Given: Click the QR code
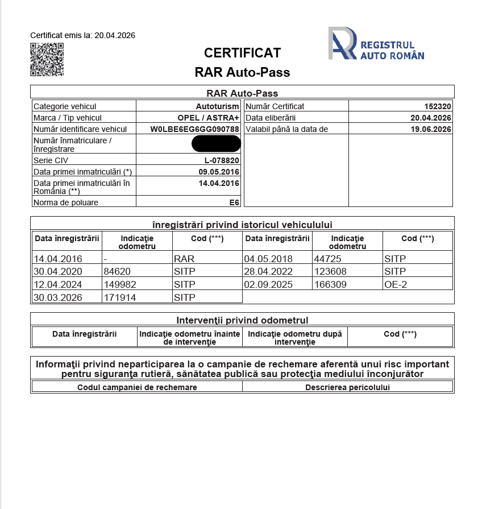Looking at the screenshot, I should [x=47, y=59].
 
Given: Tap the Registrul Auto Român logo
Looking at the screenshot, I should [x=376, y=44].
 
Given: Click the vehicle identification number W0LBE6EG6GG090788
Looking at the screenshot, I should [x=194, y=129].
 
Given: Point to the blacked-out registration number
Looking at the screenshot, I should [x=216, y=144].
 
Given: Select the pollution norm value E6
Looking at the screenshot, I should [x=234, y=202].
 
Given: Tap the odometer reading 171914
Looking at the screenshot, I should [x=120, y=297].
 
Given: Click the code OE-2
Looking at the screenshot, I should [x=396, y=284].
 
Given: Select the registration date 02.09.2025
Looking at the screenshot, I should [x=269, y=284].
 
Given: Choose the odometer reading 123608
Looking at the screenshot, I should [x=331, y=271].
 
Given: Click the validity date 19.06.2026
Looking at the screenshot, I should [x=431, y=129].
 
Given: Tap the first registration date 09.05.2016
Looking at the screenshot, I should [x=219, y=172].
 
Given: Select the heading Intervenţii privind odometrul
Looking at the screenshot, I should [x=242, y=320].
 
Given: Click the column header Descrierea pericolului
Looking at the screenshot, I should [x=347, y=387].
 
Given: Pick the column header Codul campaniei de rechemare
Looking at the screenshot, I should [x=137, y=387].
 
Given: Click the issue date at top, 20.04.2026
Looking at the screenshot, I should [x=114, y=35].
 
